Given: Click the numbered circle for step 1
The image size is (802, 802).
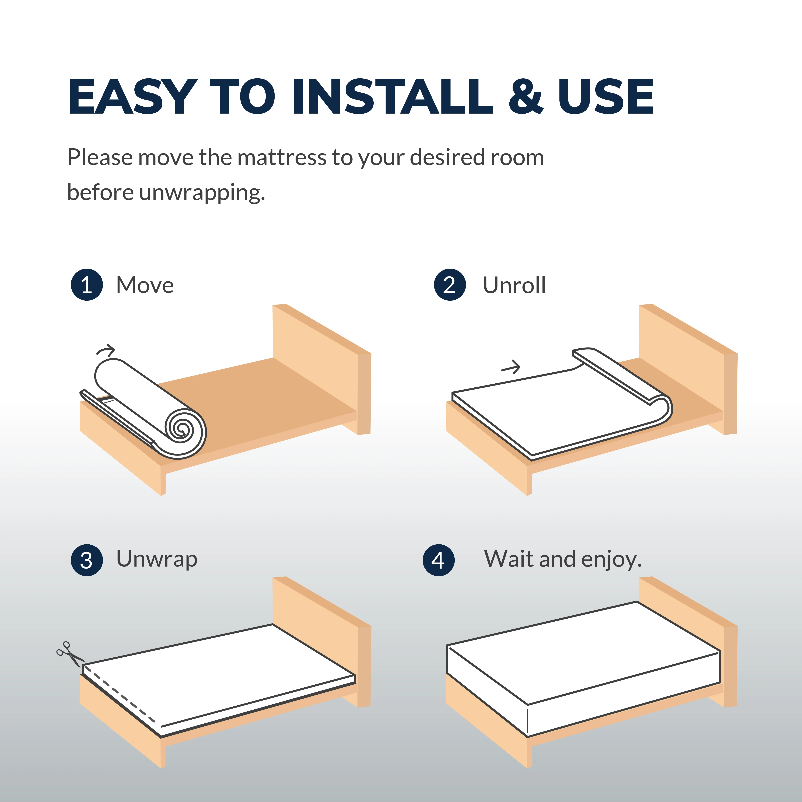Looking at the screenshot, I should [87, 285].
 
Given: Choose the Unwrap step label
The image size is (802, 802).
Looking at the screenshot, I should [156, 559].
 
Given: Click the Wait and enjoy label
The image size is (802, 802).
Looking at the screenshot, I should [562, 559].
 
